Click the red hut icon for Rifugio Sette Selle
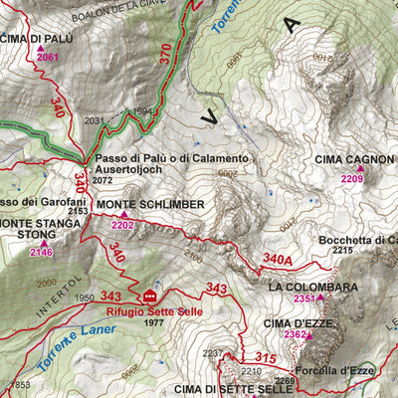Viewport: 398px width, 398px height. [x=150, y=297]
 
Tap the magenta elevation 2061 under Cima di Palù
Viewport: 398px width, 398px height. [x=48, y=57]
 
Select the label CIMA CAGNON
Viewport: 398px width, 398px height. [x=354, y=160]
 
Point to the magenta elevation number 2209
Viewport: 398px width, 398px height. [x=351, y=179]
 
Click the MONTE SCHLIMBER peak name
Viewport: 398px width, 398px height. [x=150, y=204]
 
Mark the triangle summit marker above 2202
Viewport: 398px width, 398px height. [x=124, y=214]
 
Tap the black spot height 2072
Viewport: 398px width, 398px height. [x=102, y=181]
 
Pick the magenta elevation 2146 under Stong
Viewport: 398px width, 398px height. [x=41, y=253]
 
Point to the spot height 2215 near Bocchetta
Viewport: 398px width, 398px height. [x=343, y=251]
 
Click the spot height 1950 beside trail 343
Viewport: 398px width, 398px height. [x=84, y=298]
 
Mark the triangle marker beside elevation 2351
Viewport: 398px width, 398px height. [x=321, y=297]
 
